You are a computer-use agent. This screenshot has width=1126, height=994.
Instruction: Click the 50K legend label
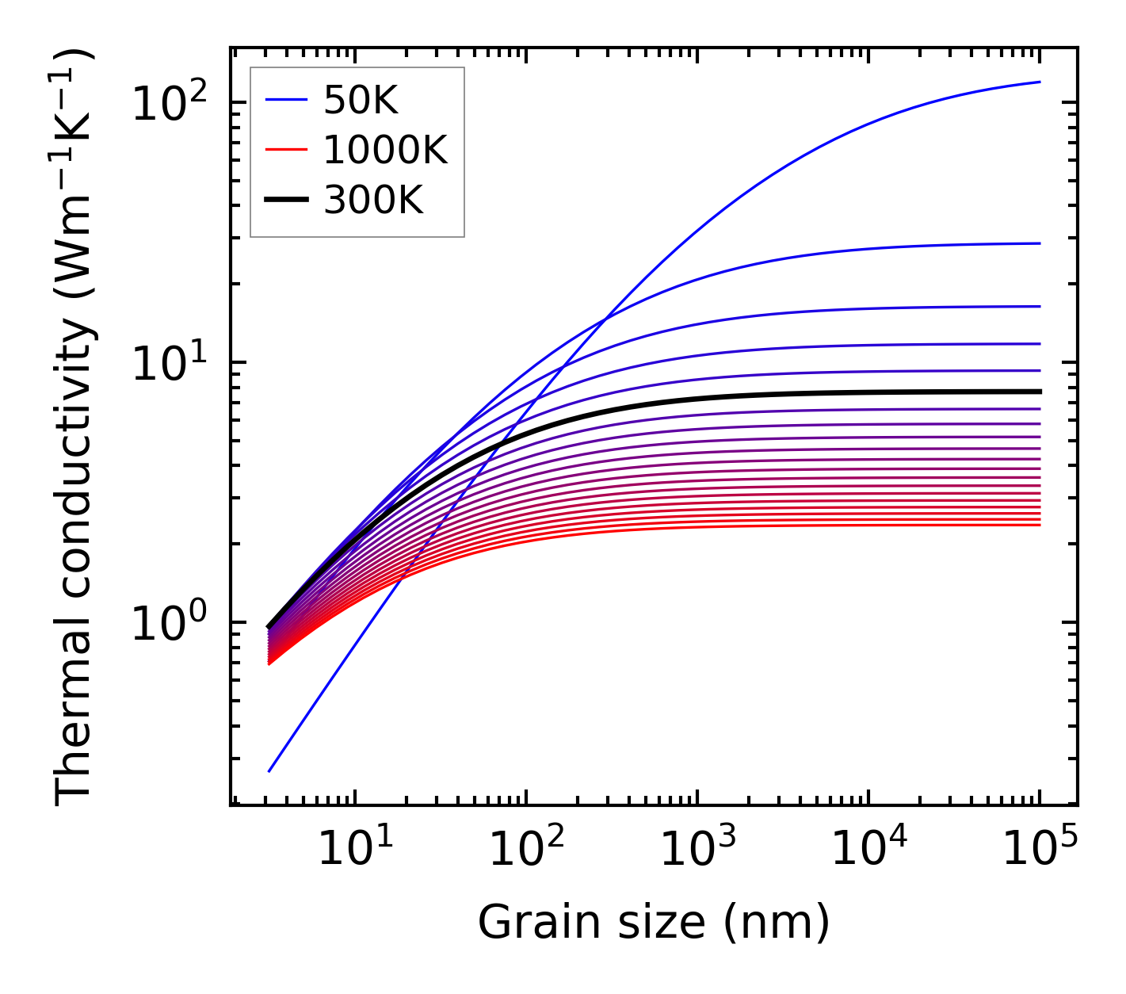[x=361, y=101]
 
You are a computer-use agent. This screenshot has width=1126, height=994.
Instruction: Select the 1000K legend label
[x=385, y=150]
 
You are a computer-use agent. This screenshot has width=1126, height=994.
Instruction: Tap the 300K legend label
[x=373, y=201]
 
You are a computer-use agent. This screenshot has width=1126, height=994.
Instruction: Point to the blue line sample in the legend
[x=285, y=100]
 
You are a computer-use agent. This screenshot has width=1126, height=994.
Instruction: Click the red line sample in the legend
[x=285, y=150]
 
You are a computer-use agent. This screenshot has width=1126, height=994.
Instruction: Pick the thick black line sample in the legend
[x=285, y=200]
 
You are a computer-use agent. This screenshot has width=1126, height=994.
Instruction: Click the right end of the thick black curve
[x=1039, y=392]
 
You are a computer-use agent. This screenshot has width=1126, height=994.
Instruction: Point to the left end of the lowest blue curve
[x=269, y=770]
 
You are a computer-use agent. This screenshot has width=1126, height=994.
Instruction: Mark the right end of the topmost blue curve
[x=1039, y=82]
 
